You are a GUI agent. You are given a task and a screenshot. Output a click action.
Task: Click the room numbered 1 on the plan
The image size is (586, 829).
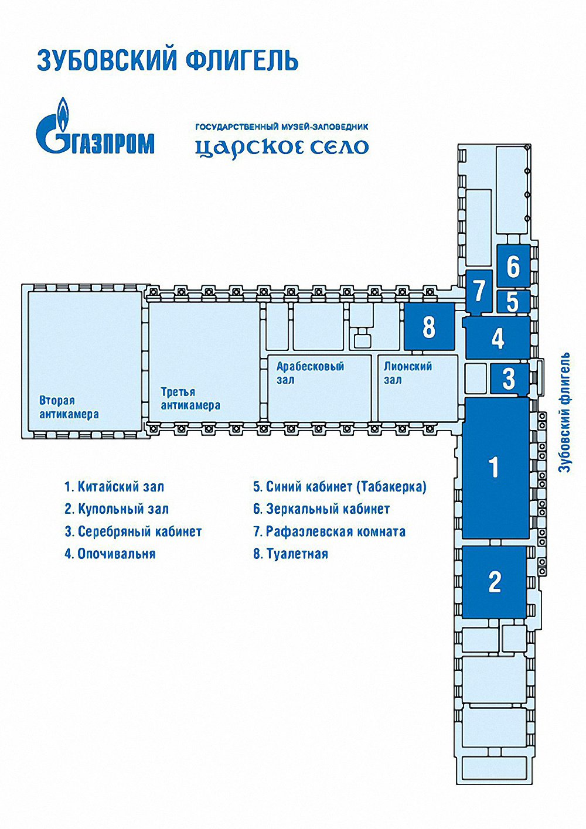(495, 468)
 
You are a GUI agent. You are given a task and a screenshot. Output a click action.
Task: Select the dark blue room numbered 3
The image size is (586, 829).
(509, 378)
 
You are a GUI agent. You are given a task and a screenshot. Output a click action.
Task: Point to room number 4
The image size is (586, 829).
(498, 337)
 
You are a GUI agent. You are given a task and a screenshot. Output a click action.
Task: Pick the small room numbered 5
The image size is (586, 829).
(513, 301)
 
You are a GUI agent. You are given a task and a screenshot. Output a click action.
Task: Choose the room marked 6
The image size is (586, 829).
(513, 265)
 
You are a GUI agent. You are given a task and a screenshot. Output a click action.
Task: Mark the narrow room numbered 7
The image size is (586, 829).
(479, 292)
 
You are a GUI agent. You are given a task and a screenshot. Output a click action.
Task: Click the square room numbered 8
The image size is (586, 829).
(429, 326)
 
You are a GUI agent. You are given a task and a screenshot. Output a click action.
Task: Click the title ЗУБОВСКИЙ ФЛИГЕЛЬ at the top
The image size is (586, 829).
(168, 61)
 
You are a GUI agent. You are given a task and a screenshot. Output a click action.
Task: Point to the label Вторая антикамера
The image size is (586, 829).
(69, 407)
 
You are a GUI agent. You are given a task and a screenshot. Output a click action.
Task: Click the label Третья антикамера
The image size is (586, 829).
(190, 398)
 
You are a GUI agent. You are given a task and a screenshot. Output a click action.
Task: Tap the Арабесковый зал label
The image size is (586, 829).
(310, 373)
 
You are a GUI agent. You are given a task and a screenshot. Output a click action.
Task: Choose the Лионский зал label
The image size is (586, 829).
(408, 373)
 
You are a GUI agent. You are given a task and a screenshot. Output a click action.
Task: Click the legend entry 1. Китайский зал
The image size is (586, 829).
(114, 487)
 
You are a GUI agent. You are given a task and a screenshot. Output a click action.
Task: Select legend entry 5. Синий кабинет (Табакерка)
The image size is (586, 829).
(340, 487)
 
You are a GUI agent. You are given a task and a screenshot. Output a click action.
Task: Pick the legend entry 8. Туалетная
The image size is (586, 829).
(291, 554)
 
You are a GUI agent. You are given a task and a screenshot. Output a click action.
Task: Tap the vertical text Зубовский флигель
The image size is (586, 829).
(564, 412)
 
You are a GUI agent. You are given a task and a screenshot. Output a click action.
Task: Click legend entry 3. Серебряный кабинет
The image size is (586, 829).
(133, 532)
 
